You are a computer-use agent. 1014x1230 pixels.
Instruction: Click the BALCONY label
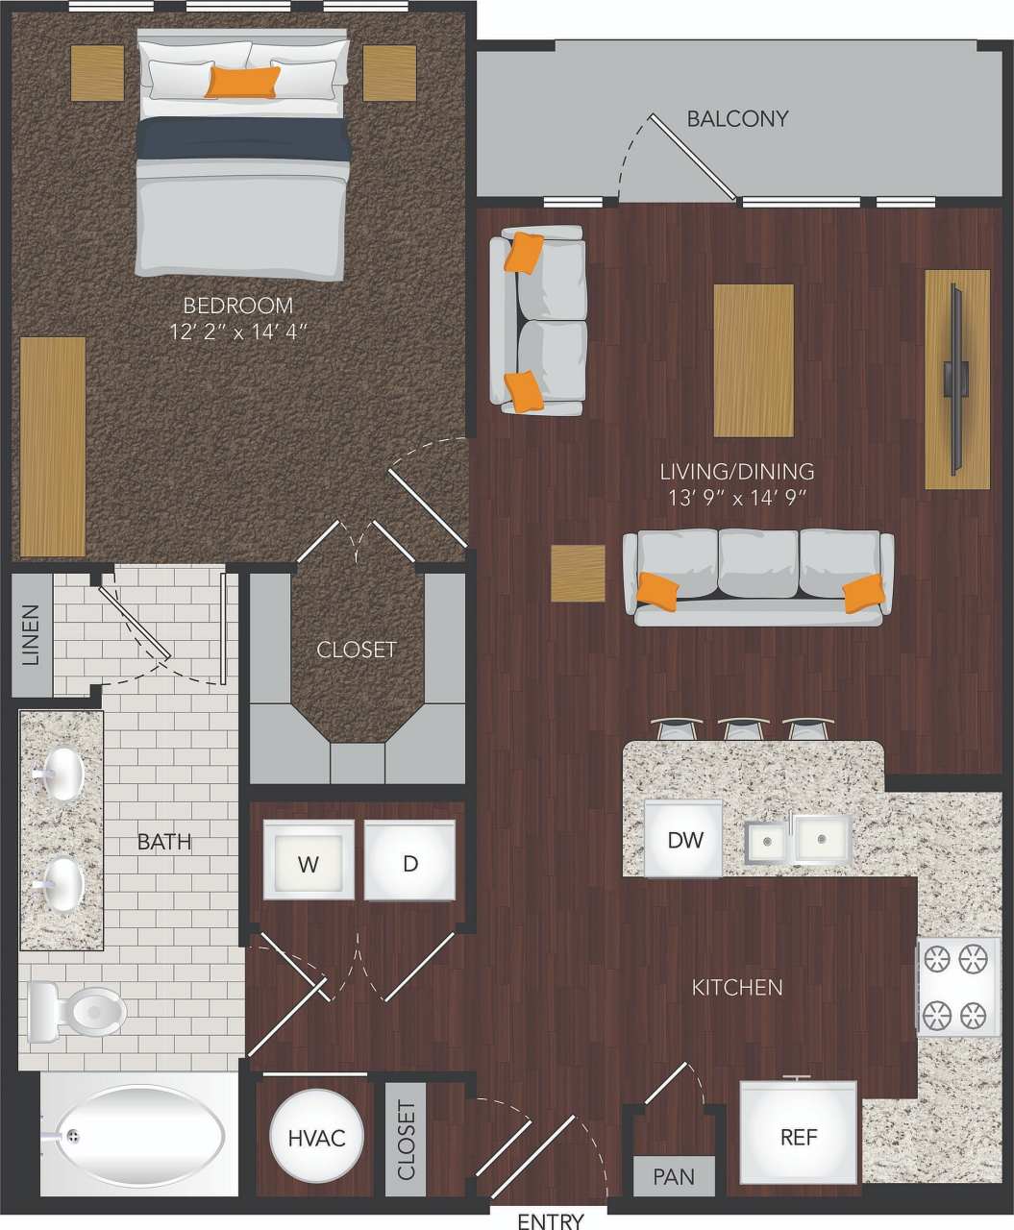click(x=737, y=118)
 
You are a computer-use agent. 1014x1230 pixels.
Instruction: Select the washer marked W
click(x=308, y=861)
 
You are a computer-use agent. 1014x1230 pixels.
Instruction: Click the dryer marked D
click(x=409, y=861)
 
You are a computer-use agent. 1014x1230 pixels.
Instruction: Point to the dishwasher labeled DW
click(x=684, y=839)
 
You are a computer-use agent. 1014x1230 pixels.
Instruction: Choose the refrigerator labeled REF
click(x=798, y=1135)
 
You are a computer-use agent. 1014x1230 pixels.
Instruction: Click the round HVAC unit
click(x=316, y=1137)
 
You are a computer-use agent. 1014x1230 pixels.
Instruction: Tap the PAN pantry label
click(x=674, y=1176)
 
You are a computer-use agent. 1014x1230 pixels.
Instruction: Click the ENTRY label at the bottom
click(x=550, y=1220)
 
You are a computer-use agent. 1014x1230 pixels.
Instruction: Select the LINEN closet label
click(x=32, y=634)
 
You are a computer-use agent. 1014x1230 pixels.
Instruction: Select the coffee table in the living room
click(x=754, y=360)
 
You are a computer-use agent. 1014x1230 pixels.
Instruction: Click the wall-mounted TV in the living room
click(x=956, y=379)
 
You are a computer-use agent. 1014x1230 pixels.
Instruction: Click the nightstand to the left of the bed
click(x=97, y=73)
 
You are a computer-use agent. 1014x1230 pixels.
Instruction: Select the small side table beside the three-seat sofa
click(x=578, y=574)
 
